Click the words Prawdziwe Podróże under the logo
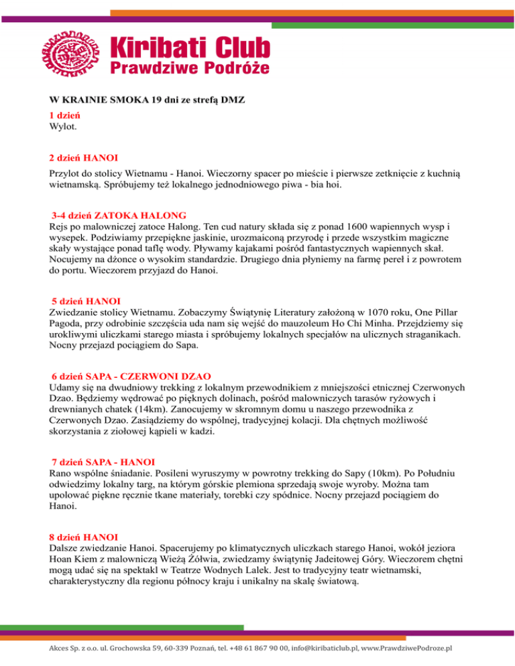pos(190,67)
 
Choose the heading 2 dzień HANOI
pos(84,158)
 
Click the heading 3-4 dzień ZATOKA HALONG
pos(119,216)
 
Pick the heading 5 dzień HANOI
pos(85,298)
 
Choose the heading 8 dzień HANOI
pos(84,537)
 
